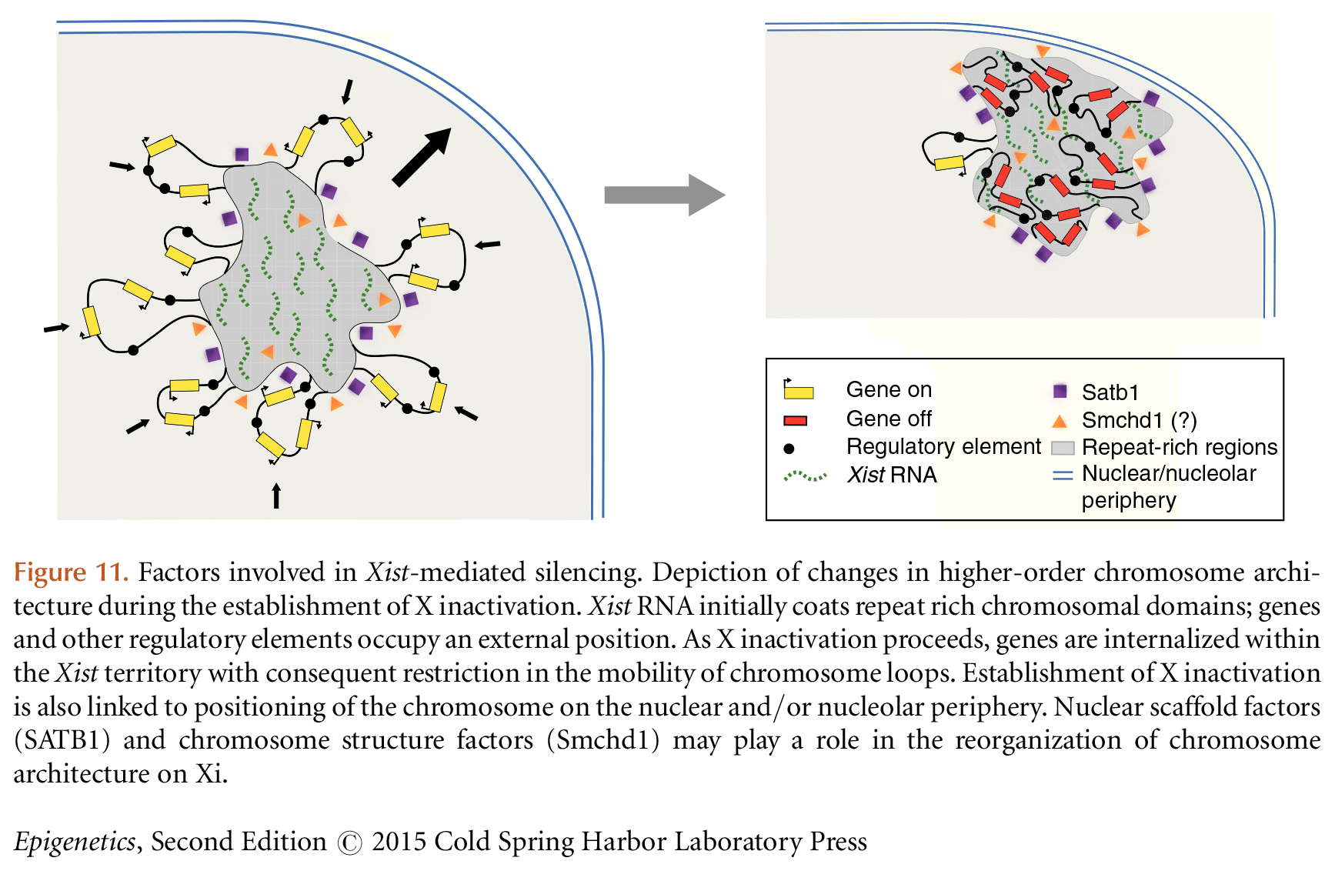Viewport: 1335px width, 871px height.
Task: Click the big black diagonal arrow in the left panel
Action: (421, 158)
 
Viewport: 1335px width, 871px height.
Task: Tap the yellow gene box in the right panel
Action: (949, 163)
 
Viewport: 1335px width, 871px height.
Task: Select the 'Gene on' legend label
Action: (889, 389)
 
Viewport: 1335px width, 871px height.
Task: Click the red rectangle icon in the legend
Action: (795, 420)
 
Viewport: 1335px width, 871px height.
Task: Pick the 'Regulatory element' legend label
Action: (943, 446)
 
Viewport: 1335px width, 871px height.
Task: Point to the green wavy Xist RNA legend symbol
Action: (805, 476)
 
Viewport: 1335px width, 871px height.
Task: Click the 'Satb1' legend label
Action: (1110, 392)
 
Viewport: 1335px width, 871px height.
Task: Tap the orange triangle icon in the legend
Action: (1060, 421)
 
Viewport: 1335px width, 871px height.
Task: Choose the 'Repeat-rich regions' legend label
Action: (1179, 447)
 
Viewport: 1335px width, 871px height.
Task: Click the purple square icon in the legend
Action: (1060, 391)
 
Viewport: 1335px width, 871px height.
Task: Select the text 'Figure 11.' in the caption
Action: (71, 572)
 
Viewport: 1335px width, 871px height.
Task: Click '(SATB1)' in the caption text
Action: (62, 740)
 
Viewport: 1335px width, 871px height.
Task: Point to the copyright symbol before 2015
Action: (349, 843)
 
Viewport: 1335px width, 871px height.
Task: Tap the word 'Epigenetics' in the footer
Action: (75, 842)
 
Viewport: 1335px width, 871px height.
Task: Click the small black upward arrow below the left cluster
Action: (276, 496)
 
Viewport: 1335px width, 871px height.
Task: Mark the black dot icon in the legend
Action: (789, 448)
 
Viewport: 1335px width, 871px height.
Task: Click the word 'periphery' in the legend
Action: (1129, 500)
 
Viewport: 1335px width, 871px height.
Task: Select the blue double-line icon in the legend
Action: (1063, 475)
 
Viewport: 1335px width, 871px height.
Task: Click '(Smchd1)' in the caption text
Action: (602, 740)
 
